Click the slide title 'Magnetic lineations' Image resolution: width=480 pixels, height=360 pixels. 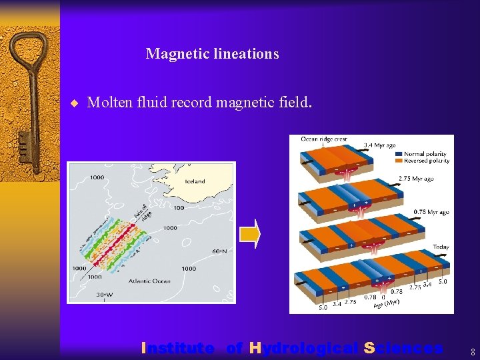[212, 54]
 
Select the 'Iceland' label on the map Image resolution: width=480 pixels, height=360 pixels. [195, 181]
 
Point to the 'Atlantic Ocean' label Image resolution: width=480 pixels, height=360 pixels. [141, 281]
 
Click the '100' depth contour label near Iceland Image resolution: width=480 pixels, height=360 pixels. [179, 208]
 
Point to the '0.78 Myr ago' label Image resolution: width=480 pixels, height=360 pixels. [431, 212]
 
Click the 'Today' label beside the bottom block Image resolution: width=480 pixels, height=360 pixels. [441, 247]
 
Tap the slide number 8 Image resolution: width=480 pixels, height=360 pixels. [472, 351]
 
